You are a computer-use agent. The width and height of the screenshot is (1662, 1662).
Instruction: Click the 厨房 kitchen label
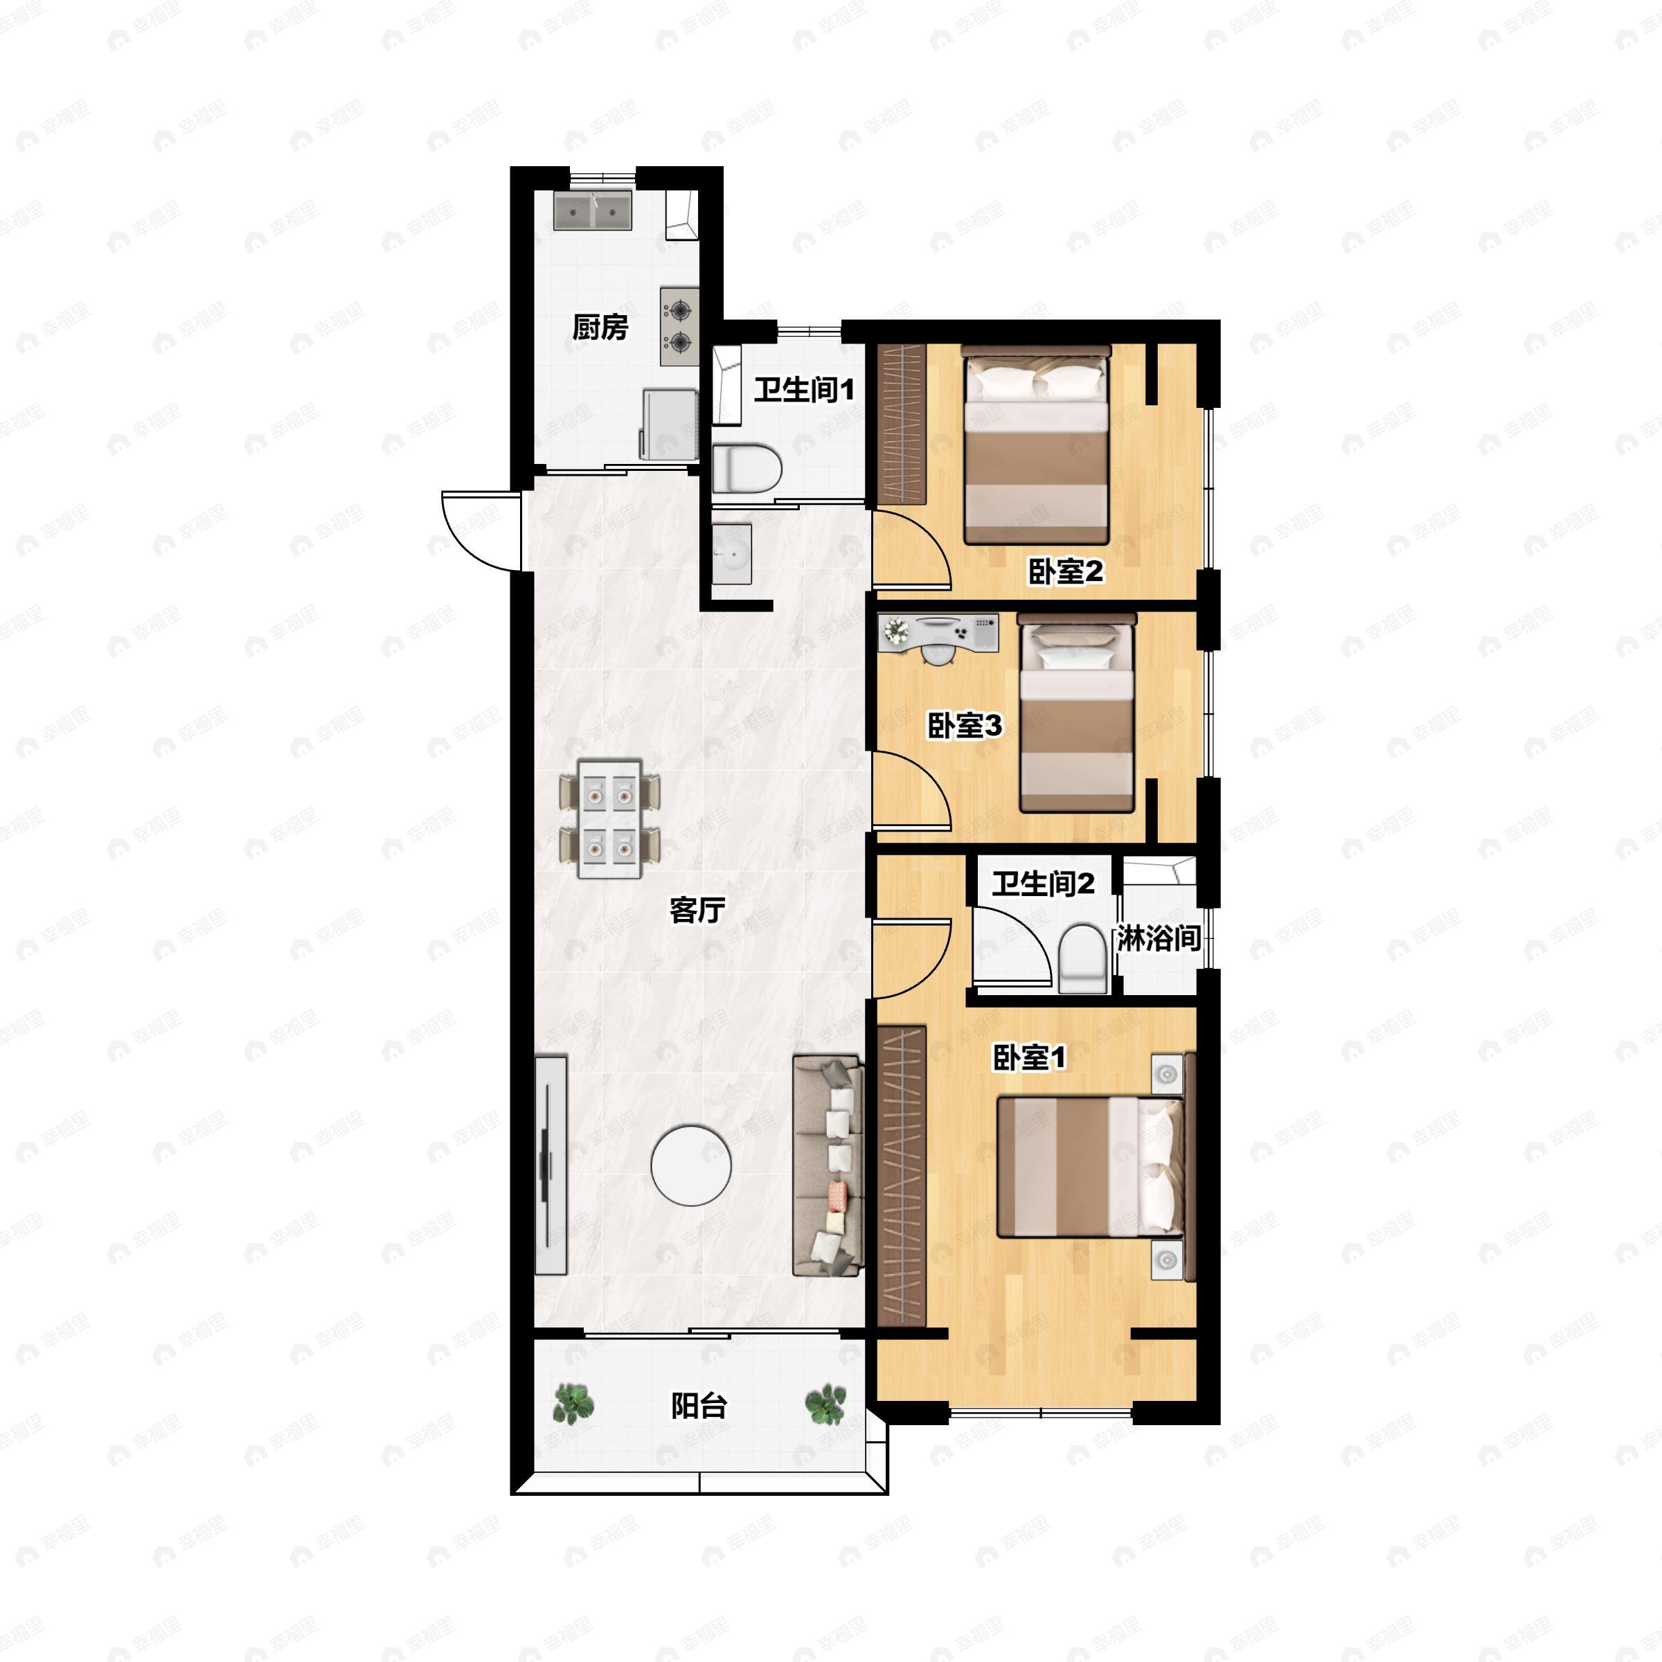pos(600,327)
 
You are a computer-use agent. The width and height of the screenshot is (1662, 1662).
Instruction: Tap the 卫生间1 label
pos(804,391)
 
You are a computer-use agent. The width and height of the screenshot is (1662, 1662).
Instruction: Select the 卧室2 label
pos(1066,571)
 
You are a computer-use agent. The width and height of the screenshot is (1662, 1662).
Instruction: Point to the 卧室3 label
pos(965,725)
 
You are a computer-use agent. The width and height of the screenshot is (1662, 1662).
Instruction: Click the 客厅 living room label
pos(697,909)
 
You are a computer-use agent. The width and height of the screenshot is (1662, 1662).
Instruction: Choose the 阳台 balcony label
pos(699,1406)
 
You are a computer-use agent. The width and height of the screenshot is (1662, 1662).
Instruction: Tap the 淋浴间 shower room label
pos(1159,938)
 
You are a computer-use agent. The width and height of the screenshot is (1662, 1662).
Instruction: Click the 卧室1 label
pos(1030,1058)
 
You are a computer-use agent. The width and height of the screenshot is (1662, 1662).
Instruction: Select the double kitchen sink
pos(593,211)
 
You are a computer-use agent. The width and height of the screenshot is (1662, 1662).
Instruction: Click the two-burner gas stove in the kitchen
pos(679,326)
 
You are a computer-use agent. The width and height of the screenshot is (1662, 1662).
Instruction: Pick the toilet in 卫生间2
pos(1081,958)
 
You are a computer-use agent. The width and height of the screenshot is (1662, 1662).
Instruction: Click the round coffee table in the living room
pos(691,1166)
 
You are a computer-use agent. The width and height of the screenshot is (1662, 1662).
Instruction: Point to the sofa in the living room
pos(828,1165)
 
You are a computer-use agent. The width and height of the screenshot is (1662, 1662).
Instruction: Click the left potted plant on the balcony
pos(572,1403)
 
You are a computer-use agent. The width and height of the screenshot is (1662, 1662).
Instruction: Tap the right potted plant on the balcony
pos(826,1403)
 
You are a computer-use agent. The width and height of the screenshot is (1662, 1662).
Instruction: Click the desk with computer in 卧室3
pos(938,635)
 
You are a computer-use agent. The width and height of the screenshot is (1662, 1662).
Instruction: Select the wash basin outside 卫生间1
pos(732,554)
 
